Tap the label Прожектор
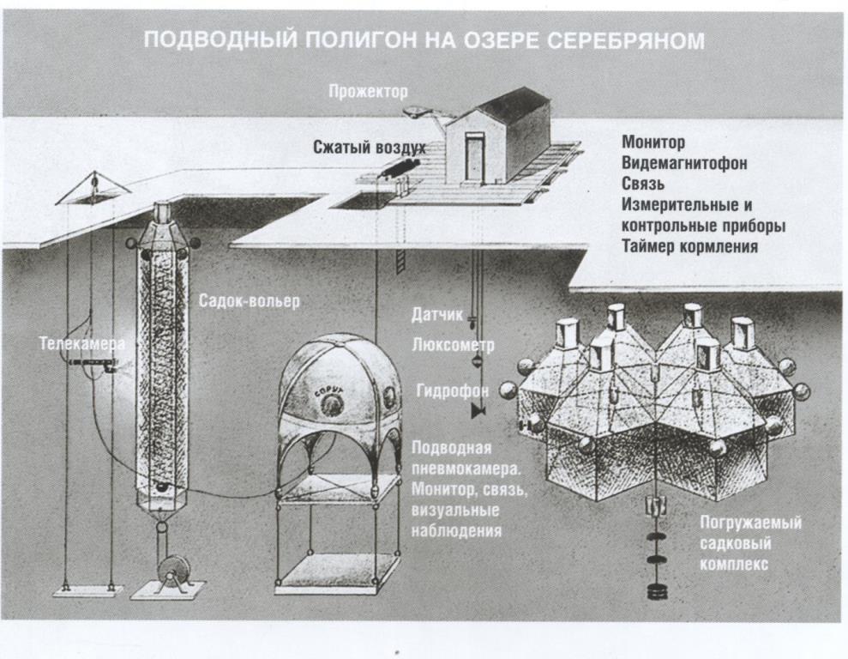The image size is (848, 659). (369, 91)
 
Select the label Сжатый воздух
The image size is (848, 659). (369, 148)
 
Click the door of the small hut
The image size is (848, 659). (474, 158)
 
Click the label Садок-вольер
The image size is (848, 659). (250, 302)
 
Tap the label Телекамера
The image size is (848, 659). (81, 344)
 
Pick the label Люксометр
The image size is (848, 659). (441, 345)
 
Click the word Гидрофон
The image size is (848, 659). (452, 390)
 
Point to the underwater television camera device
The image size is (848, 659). (91, 364)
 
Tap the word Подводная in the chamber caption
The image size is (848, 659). (451, 449)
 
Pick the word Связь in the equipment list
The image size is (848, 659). (643, 184)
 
